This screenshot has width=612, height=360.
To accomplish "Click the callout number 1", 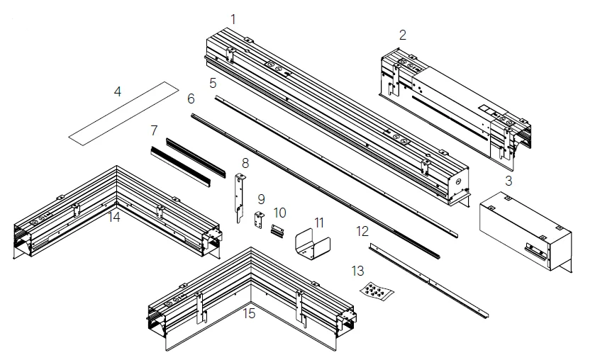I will [x=234, y=16].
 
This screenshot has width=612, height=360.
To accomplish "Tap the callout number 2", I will [x=403, y=34].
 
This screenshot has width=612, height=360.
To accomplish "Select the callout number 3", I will [x=508, y=180].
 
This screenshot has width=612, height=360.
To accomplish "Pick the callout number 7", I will [x=154, y=130].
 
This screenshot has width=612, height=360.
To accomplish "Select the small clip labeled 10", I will [x=277, y=230].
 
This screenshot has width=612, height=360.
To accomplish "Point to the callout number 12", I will [x=362, y=231].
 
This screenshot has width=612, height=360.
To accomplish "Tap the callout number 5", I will [x=213, y=83].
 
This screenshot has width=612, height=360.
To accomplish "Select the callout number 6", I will [x=191, y=99].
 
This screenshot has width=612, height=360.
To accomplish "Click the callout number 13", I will [x=357, y=270].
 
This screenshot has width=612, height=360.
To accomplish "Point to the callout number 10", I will [x=280, y=212].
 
